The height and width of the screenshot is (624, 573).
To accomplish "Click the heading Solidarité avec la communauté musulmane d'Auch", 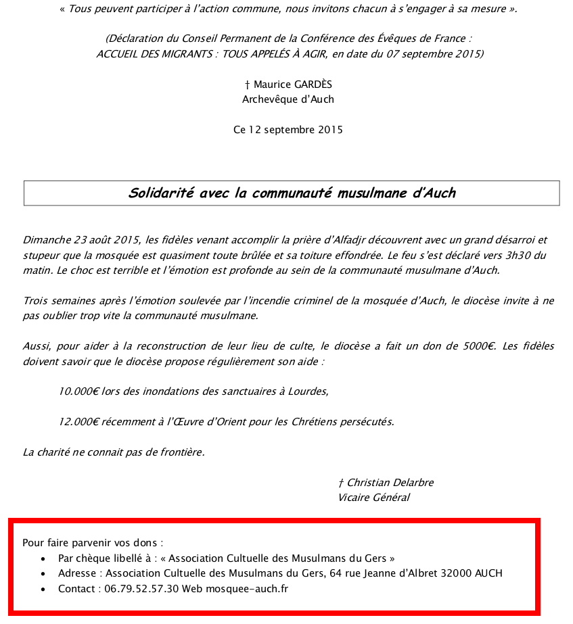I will pos(292,193).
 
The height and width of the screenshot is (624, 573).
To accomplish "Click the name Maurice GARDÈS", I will pos(292,85).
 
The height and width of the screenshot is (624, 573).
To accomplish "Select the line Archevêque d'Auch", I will pos(288,99).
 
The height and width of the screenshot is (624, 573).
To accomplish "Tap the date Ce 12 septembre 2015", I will pos(288,130).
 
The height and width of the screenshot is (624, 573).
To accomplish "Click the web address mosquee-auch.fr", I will pos(246,589).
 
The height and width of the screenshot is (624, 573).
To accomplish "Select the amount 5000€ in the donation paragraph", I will pos(477,346).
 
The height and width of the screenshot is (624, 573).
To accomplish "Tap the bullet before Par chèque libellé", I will pos(43,559).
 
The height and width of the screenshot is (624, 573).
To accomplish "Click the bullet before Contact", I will pos(43,590).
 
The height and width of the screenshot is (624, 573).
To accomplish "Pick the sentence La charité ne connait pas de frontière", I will pos(114,452).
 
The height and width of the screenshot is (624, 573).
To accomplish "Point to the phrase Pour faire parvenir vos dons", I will pos(93,542).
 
